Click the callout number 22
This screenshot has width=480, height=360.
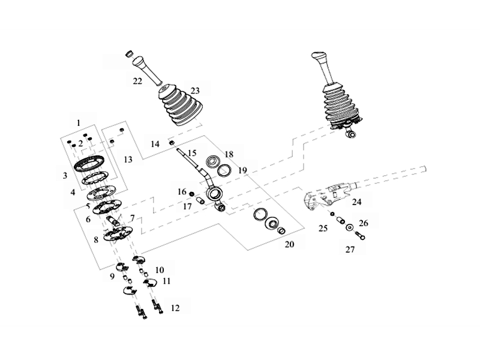[x=137, y=80]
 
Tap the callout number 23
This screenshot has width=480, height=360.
[x=195, y=91]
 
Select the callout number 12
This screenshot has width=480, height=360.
[x=175, y=308]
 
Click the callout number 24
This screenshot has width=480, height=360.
[x=356, y=202]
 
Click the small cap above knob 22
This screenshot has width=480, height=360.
[x=128, y=55]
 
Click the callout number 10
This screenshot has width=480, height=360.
[x=160, y=269]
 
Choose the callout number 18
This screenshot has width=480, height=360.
[x=229, y=154]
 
